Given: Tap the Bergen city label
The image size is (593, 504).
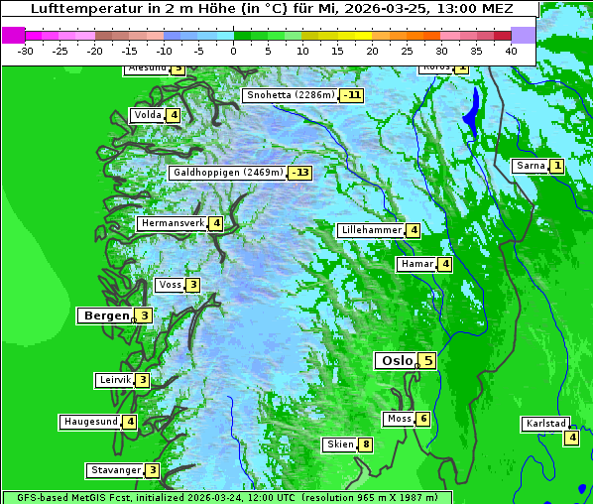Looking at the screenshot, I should [x=105, y=315].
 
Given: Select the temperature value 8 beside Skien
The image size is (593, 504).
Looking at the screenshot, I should [x=366, y=444].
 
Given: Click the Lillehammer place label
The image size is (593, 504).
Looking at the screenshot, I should [x=371, y=230].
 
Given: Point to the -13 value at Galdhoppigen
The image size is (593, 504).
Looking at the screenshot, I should [x=299, y=173].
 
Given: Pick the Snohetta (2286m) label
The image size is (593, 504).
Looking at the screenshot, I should [x=290, y=95].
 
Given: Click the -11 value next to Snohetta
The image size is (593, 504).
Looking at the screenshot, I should [x=351, y=95].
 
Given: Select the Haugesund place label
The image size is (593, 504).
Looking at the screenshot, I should [x=90, y=422].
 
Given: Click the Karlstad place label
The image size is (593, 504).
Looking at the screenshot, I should [x=545, y=424].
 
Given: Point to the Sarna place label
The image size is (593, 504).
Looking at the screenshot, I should [x=531, y=166].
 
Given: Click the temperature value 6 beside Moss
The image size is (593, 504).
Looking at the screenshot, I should [x=422, y=419].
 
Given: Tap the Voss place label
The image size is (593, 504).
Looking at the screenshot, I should [x=170, y=285].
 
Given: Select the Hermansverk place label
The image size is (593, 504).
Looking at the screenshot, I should [x=172, y=223].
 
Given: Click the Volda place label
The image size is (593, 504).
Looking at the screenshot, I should [x=148, y=115].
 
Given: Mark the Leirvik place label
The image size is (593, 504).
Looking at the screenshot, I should [x=115, y=380].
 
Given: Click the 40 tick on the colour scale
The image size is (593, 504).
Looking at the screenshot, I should [x=511, y=50].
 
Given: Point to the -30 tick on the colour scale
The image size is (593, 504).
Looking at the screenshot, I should [x=26, y=50].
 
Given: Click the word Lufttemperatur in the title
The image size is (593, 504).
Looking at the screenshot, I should [x=87, y=9].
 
